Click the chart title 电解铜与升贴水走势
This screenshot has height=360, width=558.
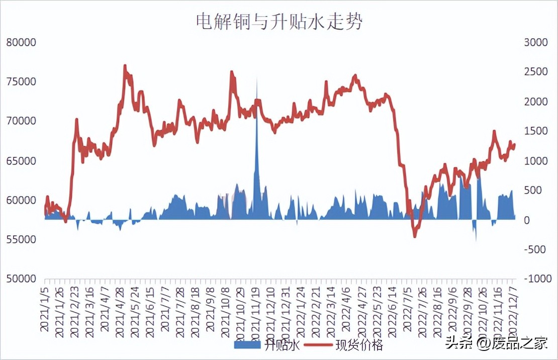coord(279,22)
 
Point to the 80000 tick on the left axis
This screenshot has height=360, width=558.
coord(21,43)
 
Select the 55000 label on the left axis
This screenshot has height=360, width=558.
coord(21,239)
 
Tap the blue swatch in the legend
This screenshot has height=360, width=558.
coord(247,345)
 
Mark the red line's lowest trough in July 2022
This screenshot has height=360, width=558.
coord(415,236)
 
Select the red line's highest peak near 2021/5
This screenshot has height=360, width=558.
coord(125,66)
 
